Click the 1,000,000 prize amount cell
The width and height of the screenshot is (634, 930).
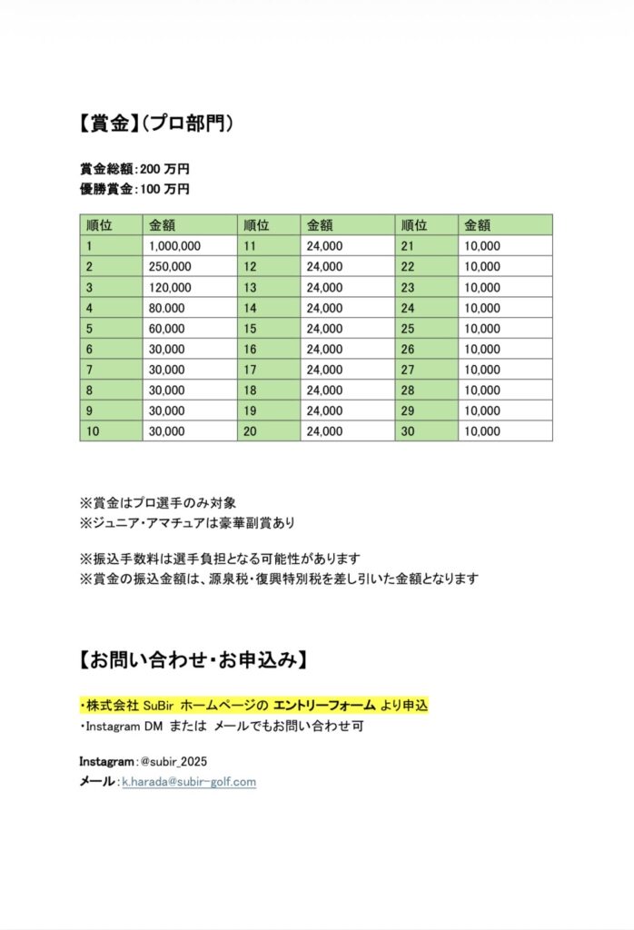pyautogui.click(x=174, y=246)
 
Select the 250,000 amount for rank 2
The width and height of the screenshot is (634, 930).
pyautogui.click(x=170, y=267)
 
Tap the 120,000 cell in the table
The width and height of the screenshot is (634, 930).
pyautogui.click(x=170, y=288)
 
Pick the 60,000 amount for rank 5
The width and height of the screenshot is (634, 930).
pyautogui.click(x=167, y=329)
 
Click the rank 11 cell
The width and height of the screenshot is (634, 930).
pyautogui.click(x=250, y=246)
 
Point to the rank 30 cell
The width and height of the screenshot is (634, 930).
pyautogui.click(x=408, y=431)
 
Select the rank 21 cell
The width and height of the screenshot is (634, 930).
pyautogui.click(x=407, y=246)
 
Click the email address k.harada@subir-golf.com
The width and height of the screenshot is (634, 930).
pyautogui.click(x=189, y=781)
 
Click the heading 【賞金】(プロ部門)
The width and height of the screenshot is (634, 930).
pyautogui.click(x=156, y=124)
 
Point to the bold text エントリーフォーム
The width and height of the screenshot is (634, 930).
pyautogui.click(x=325, y=705)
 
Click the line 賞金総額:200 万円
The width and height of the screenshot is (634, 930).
pyautogui.click(x=134, y=169)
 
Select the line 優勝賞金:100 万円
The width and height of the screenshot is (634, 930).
pyautogui.click(x=134, y=189)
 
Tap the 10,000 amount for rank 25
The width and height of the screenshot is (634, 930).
pyautogui.click(x=482, y=329)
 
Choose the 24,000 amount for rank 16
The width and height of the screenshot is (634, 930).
pyautogui.click(x=324, y=350)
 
